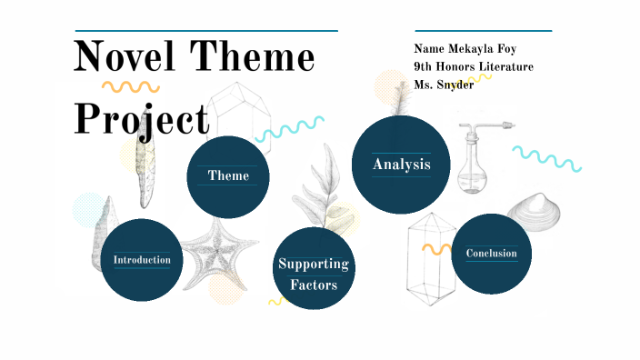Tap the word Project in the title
(x=141, y=118)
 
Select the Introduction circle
(x=142, y=260)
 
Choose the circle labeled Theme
(x=228, y=175)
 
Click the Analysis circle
(x=401, y=165)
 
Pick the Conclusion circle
(x=491, y=254)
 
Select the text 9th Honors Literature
(x=473, y=66)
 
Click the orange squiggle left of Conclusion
(x=436, y=247)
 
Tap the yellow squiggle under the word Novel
(x=130, y=87)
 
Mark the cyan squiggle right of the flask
(x=546, y=157)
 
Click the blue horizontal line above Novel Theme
(x=206, y=30)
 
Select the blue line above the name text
(x=483, y=30)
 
